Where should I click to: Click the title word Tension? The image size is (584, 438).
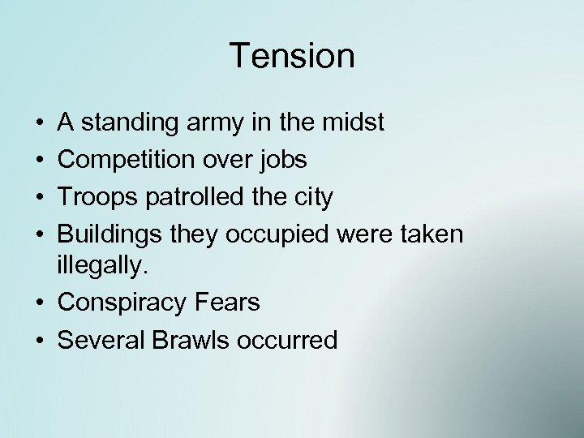click(x=292, y=57)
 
